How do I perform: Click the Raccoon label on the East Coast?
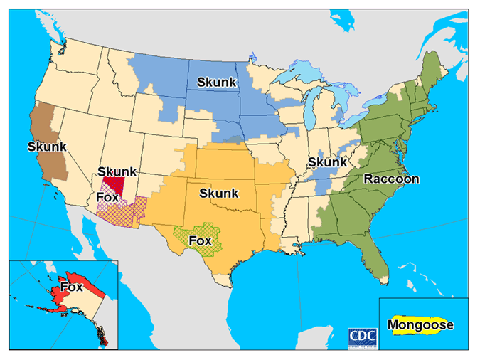point(392,179)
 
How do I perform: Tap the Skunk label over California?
point(47,147)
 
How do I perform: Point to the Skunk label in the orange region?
point(219,194)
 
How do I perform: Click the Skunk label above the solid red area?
point(117,171)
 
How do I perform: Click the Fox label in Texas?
point(200,240)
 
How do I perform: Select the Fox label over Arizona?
point(107,197)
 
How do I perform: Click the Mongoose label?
point(420,326)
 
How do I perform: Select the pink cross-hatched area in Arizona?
point(128,208)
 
